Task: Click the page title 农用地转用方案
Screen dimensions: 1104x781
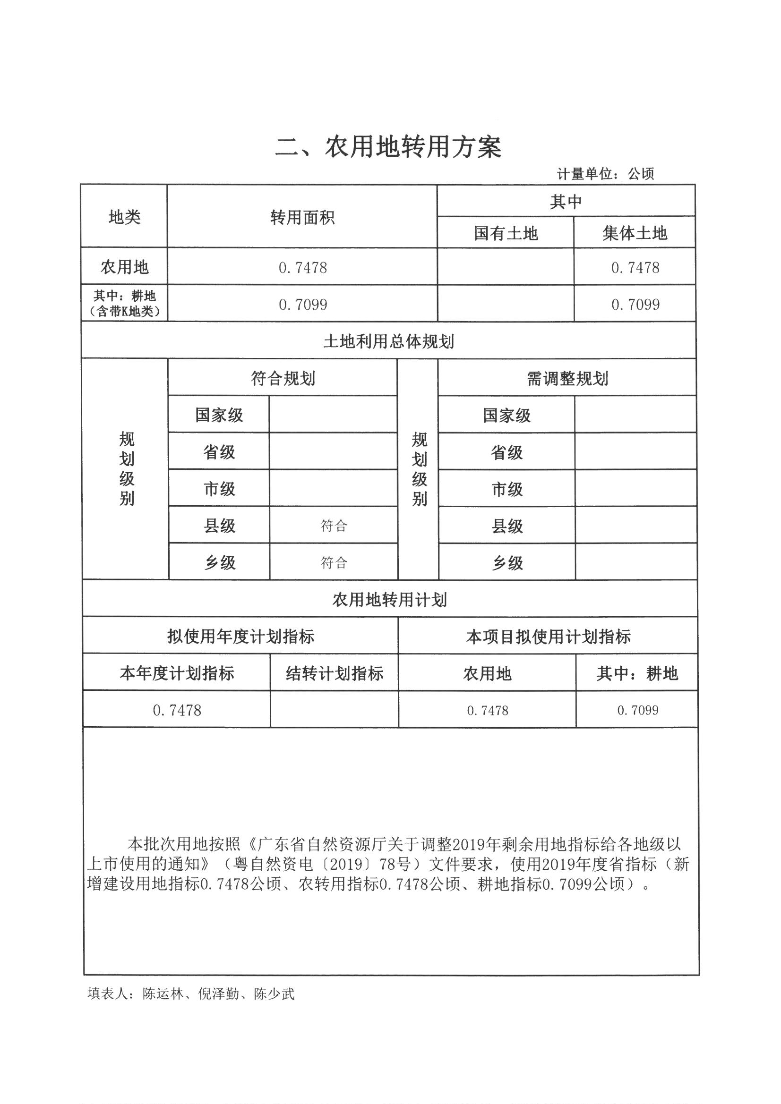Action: (x=388, y=147)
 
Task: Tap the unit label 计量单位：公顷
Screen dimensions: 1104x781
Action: (x=605, y=174)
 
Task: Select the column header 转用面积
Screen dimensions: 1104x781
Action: (x=302, y=218)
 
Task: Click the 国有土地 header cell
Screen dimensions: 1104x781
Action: (x=505, y=233)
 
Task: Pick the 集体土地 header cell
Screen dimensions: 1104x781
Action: (x=634, y=233)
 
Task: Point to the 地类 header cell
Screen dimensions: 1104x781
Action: (x=124, y=217)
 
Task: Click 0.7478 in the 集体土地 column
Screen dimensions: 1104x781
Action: (x=635, y=268)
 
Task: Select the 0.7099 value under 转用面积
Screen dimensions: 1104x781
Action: (x=303, y=305)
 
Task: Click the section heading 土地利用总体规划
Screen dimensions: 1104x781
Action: (x=388, y=342)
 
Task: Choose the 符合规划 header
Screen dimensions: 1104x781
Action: (x=283, y=378)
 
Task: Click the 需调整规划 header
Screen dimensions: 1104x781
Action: (x=567, y=379)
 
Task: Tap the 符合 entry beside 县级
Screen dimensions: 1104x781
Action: (x=334, y=526)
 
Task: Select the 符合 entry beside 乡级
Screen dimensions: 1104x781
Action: (x=334, y=562)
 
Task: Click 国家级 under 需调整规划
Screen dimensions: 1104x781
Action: (x=506, y=416)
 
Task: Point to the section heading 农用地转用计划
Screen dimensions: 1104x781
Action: (x=389, y=600)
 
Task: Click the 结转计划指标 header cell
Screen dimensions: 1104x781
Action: (x=335, y=674)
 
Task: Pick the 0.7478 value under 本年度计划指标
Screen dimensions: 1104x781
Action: (x=177, y=710)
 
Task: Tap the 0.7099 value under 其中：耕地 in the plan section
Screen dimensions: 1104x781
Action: (x=637, y=710)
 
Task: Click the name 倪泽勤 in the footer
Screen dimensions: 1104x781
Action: (x=218, y=994)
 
